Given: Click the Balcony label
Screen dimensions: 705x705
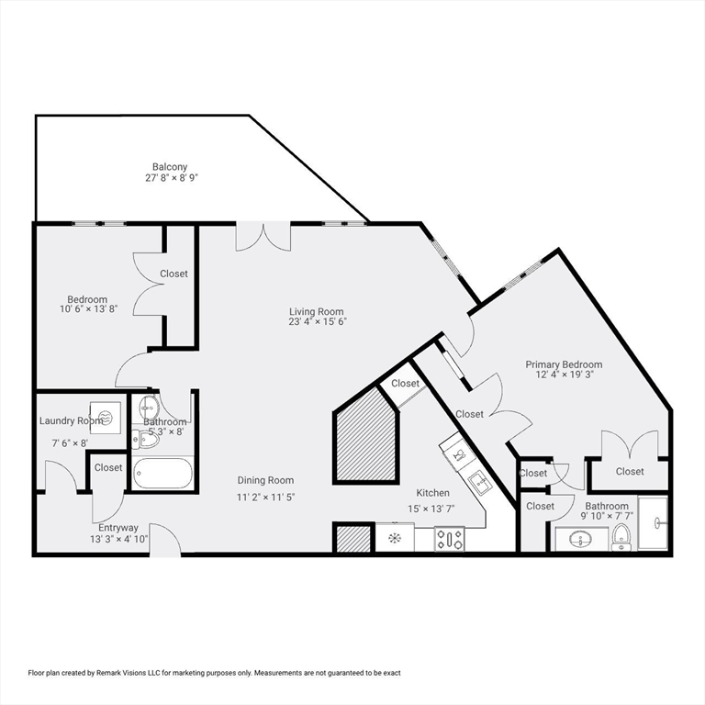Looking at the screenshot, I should tap(171, 166).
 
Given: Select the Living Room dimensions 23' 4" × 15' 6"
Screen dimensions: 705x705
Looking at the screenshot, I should tap(316, 323).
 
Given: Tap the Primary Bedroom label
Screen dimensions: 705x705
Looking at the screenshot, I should tap(564, 364).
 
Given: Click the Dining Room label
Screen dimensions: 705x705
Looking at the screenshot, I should tap(265, 480).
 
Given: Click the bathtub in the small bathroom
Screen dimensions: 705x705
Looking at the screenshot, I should tap(162, 474).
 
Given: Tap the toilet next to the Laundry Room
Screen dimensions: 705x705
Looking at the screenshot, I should tap(148, 440).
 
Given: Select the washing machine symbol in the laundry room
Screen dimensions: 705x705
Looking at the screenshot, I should tap(104, 416).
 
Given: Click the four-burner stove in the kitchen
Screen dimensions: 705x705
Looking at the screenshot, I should tap(449, 538).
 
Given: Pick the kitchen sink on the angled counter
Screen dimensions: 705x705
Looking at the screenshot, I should tap(477, 480).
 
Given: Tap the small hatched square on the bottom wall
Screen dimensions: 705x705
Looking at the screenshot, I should tap(352, 538).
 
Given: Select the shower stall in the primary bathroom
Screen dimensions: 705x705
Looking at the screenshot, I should tap(654, 524).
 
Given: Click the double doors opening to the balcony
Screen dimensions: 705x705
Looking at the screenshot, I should tap(263, 236).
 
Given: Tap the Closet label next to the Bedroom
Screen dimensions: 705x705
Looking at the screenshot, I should tap(173, 274).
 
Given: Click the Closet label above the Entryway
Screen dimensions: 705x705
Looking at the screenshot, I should tap(108, 467).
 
